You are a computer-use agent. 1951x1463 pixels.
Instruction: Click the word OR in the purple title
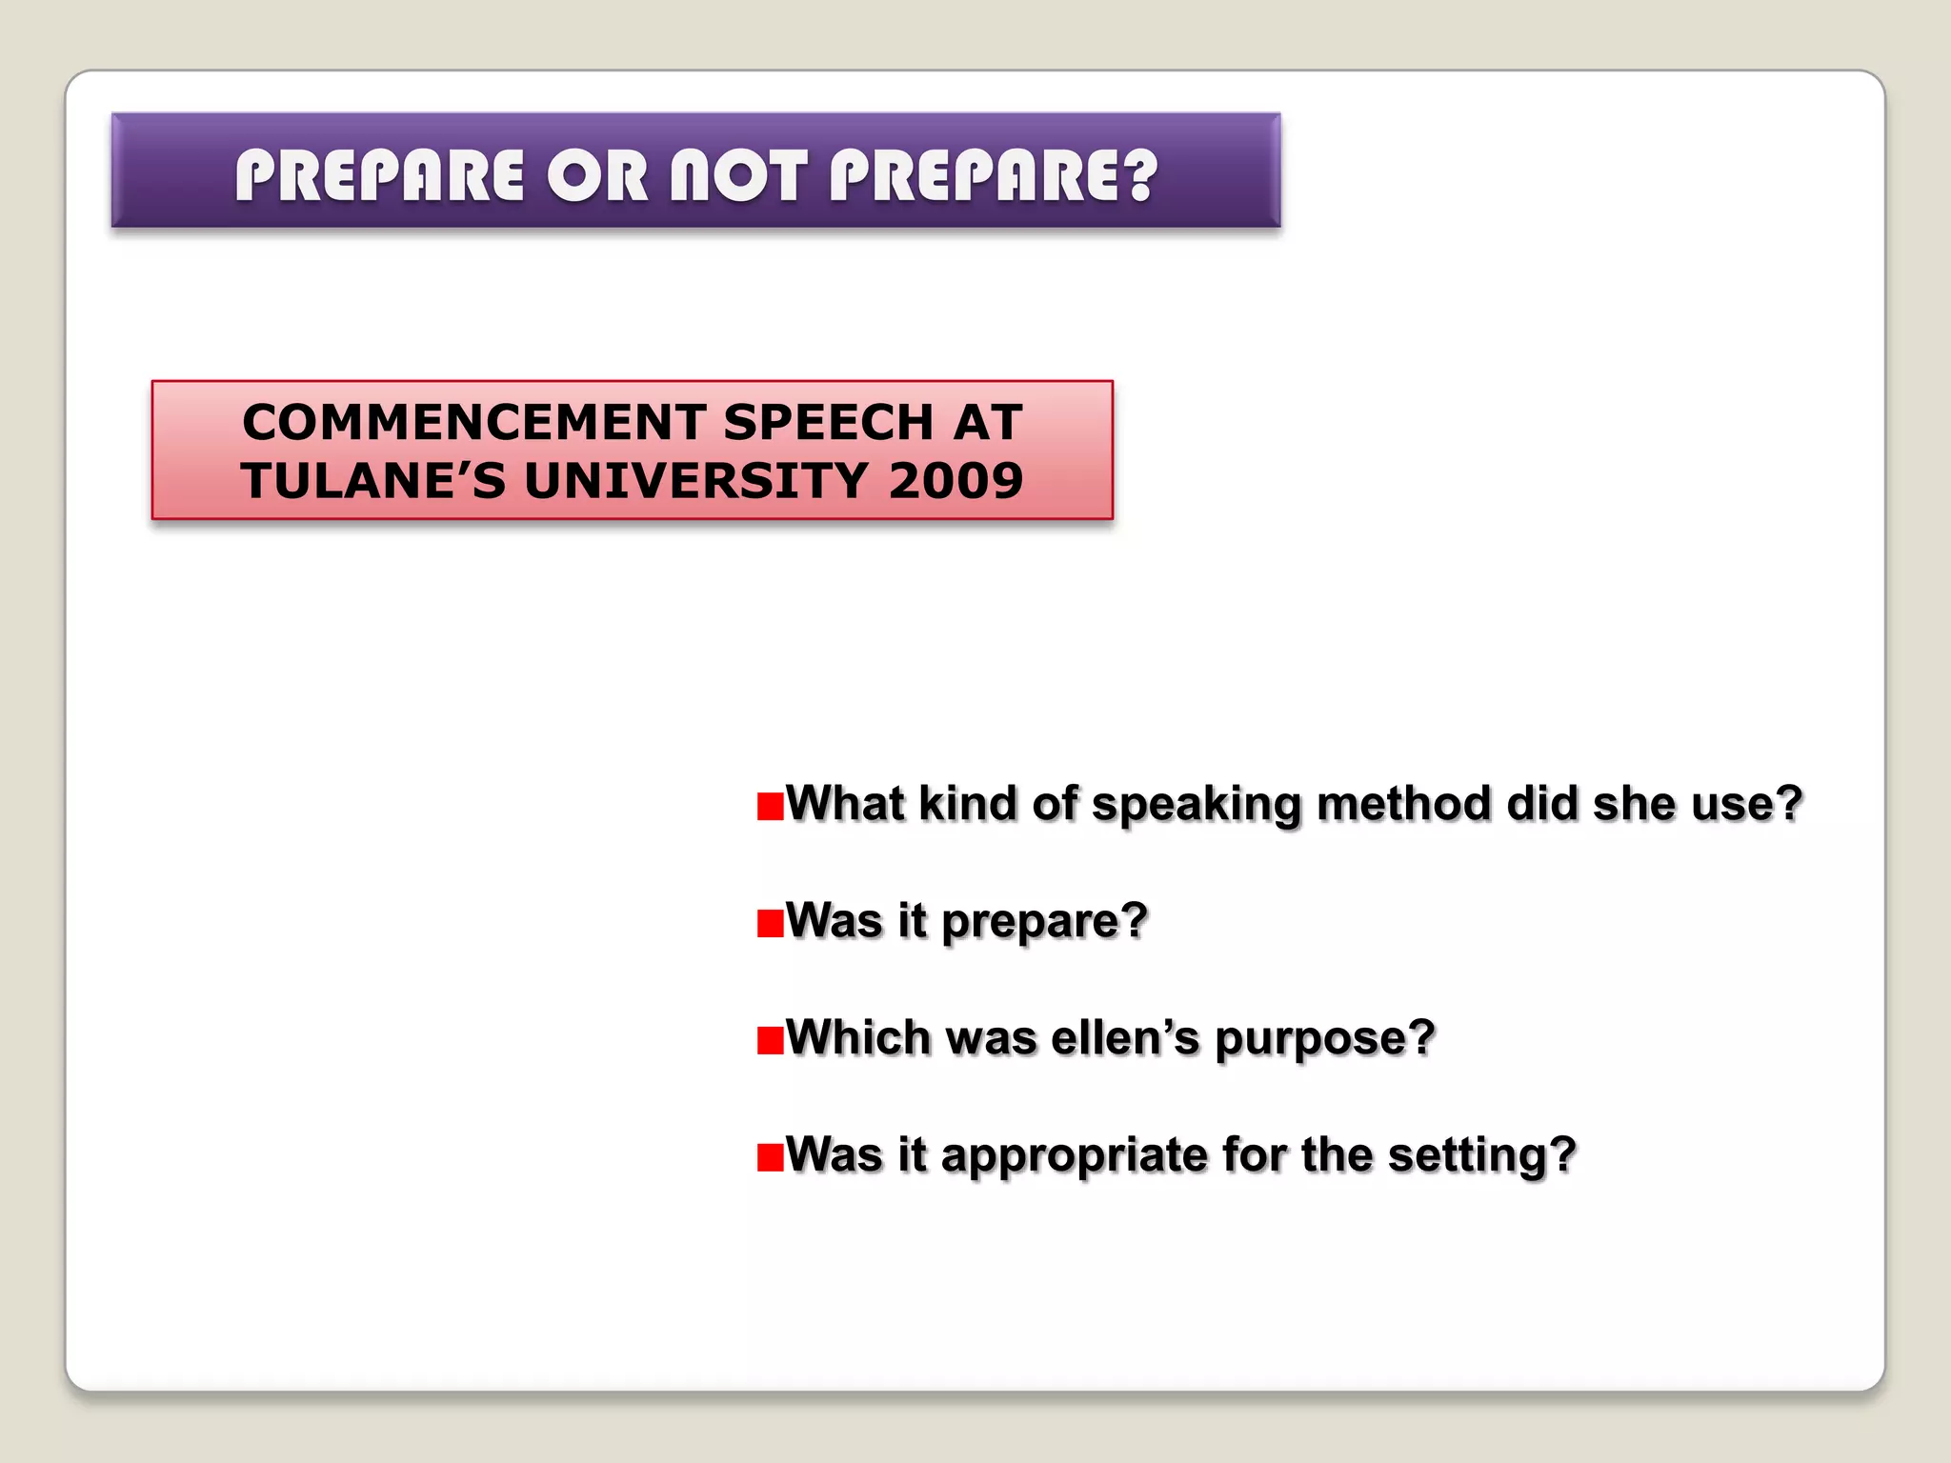(x=598, y=176)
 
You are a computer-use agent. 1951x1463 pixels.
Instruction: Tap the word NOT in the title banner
(x=739, y=176)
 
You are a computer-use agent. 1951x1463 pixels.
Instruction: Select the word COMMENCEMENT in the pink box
(x=473, y=422)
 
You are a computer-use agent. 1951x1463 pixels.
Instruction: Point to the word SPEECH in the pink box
(x=828, y=422)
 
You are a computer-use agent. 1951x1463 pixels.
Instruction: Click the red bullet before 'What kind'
(x=769, y=806)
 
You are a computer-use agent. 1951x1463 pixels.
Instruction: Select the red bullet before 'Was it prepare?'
(x=769, y=923)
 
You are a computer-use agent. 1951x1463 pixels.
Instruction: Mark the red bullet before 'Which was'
(x=769, y=1040)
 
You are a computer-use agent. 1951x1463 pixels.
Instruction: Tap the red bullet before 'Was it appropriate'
(x=769, y=1157)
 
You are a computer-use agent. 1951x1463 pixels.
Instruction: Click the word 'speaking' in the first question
(x=1197, y=806)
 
